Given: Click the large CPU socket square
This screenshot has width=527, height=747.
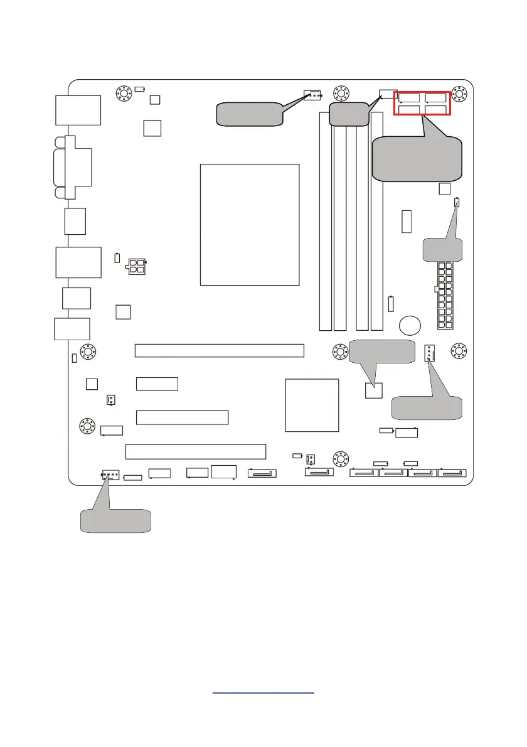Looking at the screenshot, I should pos(249,224).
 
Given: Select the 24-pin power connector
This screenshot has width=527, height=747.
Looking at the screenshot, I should pos(445,295).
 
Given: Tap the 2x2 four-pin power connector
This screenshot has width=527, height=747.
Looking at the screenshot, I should pos(136,266).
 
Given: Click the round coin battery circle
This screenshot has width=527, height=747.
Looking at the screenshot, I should pos(412,325).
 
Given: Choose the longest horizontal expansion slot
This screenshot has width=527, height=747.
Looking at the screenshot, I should pos(219,350).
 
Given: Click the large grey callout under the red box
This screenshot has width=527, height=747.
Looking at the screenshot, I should pos(417,159).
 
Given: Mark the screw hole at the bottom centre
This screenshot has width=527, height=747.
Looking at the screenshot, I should pos(340,458).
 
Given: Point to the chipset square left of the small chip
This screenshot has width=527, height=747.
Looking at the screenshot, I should pos(312,405).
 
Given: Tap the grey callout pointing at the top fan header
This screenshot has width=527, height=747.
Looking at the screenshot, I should pos(250,114).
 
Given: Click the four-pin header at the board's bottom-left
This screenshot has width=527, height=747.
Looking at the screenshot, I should pos(109,476).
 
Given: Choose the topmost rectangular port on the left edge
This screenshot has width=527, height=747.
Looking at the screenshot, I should pos(78,110).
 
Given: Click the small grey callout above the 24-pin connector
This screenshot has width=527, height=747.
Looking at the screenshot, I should pos(442,249).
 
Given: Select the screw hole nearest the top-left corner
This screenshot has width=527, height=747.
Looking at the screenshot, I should pos(124,94).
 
